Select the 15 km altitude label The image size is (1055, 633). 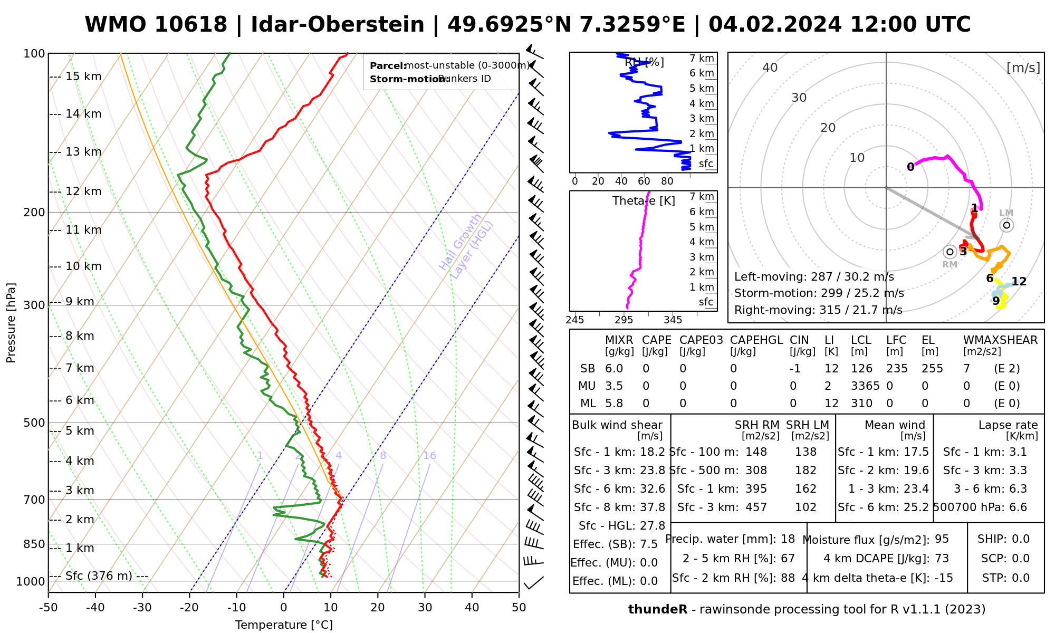83,76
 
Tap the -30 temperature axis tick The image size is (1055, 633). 142,608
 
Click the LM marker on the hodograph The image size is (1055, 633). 1006,225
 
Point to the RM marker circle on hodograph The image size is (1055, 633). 950,252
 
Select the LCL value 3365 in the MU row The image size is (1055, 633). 865,386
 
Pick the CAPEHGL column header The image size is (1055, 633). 756,340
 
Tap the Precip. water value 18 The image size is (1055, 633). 788,539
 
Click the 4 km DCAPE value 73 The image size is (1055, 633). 942,559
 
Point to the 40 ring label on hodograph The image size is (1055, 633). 770,68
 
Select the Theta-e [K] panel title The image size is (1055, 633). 644,201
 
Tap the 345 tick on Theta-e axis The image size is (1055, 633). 673,320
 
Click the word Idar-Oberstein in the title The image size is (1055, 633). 338,25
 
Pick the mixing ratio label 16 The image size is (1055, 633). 429,456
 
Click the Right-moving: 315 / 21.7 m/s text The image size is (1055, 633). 818,310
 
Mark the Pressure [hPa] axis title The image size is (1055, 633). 11,322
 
